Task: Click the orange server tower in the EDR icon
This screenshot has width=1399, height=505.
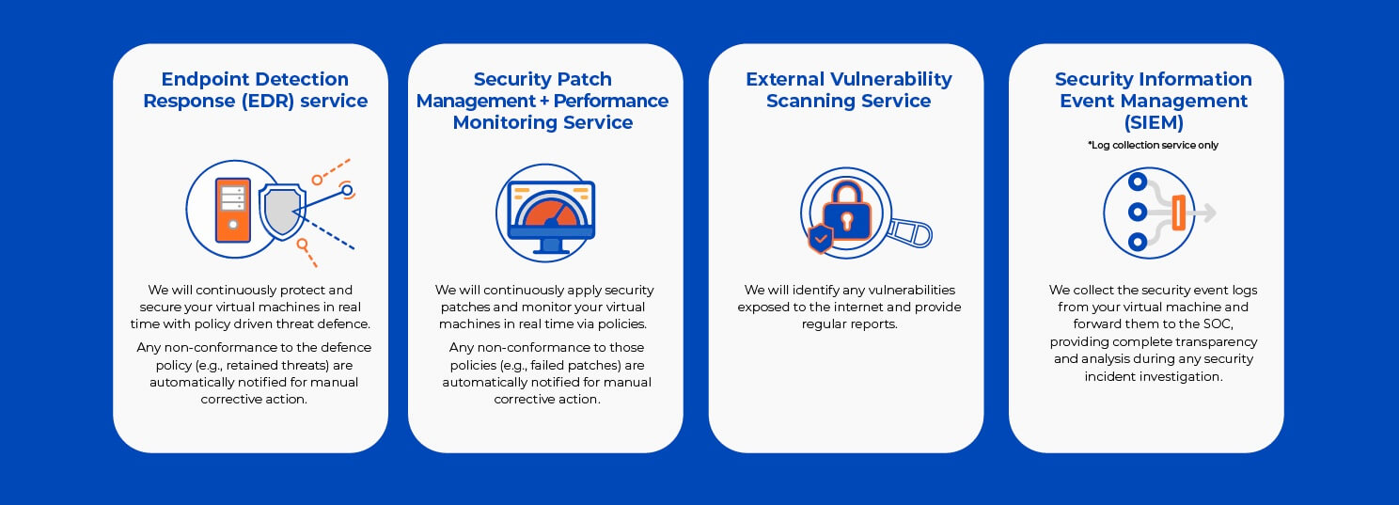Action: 233,210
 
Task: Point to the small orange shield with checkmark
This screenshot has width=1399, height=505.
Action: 820,238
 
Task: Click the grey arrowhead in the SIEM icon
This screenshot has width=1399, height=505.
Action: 1210,213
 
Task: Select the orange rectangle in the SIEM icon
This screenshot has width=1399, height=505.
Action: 1179,213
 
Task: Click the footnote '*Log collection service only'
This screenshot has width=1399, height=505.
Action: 1153,145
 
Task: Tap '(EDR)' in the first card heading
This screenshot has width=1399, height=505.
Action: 267,102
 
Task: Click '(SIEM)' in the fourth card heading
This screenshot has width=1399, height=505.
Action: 1154,122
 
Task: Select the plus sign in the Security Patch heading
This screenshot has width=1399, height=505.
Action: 544,102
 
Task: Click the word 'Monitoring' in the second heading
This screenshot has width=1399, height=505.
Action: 505,123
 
